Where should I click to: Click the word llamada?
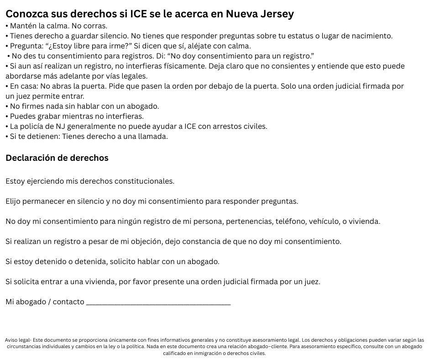(152, 137)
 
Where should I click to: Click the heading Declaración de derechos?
(57, 158)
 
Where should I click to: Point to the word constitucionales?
(144, 181)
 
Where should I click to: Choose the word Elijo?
(15, 201)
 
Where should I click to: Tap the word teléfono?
(292, 222)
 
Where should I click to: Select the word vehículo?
(324, 222)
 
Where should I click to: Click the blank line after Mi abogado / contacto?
(158, 302)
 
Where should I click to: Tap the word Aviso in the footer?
(12, 340)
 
